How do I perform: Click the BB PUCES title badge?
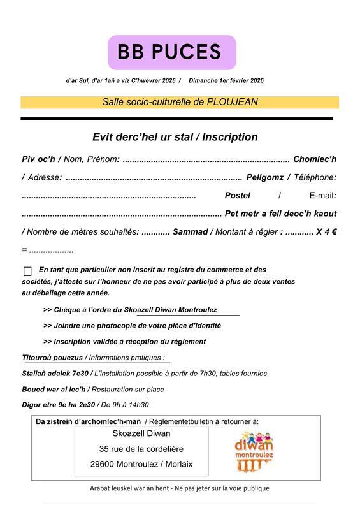[172, 52]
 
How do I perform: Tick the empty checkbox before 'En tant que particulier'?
[27, 271]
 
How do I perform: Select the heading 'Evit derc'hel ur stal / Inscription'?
[175, 137]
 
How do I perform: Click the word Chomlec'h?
[315, 159]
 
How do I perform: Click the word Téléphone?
[314, 177]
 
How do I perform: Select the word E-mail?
[322, 195]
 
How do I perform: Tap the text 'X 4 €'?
[326, 232]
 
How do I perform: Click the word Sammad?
[190, 232]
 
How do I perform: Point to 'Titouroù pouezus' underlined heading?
[53, 358]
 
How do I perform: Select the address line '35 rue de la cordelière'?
[141, 449]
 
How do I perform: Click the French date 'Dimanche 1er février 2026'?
[226, 80]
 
